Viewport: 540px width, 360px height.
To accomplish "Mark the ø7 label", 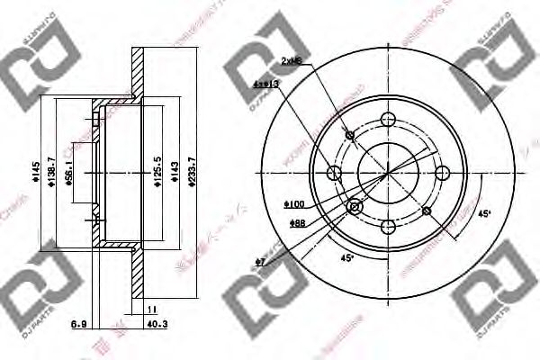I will pyautogui.click(x=261, y=263).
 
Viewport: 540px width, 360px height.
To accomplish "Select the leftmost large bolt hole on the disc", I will pyautogui.click(x=335, y=173).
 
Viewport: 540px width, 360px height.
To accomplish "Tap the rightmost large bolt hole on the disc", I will pyautogui.click(x=442, y=174).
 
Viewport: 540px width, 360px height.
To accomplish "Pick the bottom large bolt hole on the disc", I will pyautogui.click(x=388, y=227).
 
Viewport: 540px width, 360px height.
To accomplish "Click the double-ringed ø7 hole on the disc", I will pyautogui.click(x=355, y=208).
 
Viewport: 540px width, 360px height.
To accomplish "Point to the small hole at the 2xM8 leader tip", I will pyautogui.click(x=351, y=136).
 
